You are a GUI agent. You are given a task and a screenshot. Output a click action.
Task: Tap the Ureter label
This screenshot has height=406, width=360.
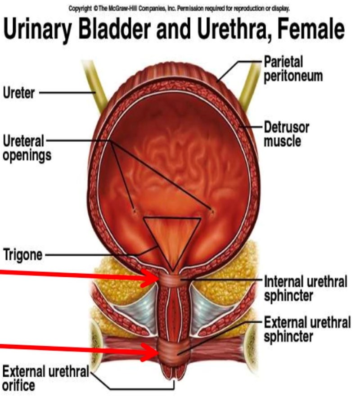click(19, 93)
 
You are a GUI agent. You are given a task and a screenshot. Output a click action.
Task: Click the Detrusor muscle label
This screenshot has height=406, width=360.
click(286, 134)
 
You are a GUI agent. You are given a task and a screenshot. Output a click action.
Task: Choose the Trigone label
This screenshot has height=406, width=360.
click(22, 255)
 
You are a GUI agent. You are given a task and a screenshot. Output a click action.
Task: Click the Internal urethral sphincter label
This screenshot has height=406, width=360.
click(305, 289)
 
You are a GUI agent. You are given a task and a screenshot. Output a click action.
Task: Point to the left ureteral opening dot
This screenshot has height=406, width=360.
click(134, 210)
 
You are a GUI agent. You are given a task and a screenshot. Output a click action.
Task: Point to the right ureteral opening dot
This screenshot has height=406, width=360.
click(212, 210)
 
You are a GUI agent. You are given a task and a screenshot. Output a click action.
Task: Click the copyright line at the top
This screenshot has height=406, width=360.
click(179, 9)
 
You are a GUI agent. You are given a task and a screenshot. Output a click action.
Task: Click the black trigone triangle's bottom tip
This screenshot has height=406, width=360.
click(172, 271)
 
